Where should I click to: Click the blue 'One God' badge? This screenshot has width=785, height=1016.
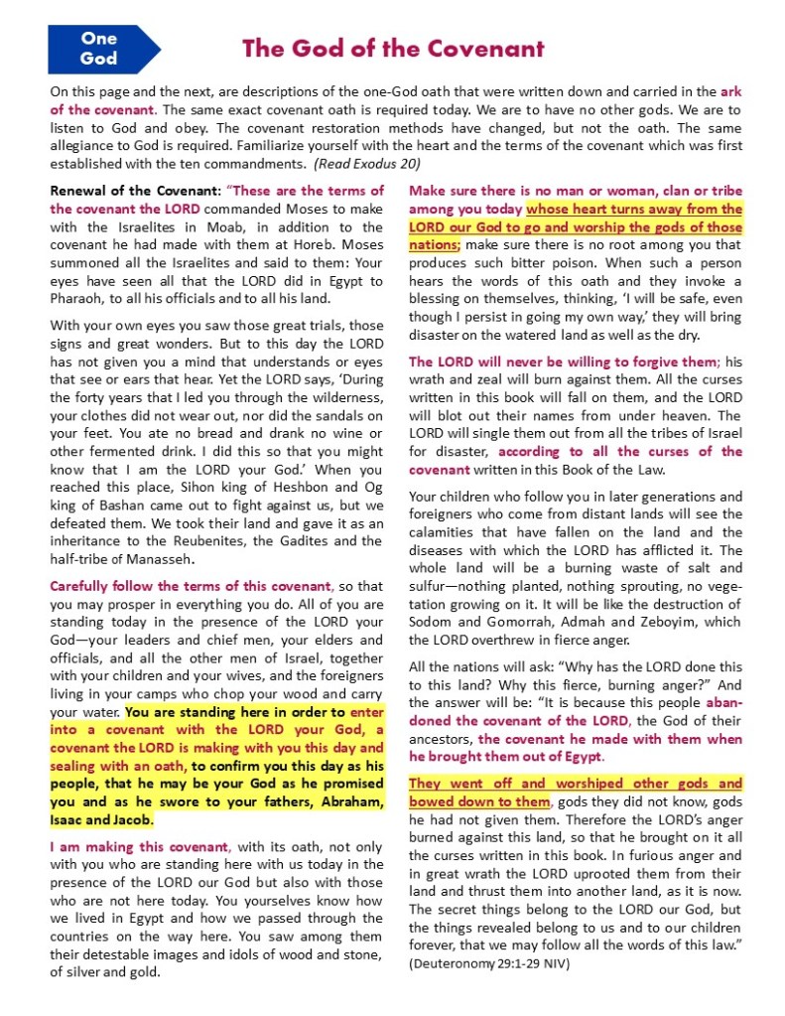[x=99, y=49]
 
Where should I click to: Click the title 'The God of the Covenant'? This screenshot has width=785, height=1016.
[x=393, y=48]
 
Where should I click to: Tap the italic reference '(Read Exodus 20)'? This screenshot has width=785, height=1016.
[x=367, y=163]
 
